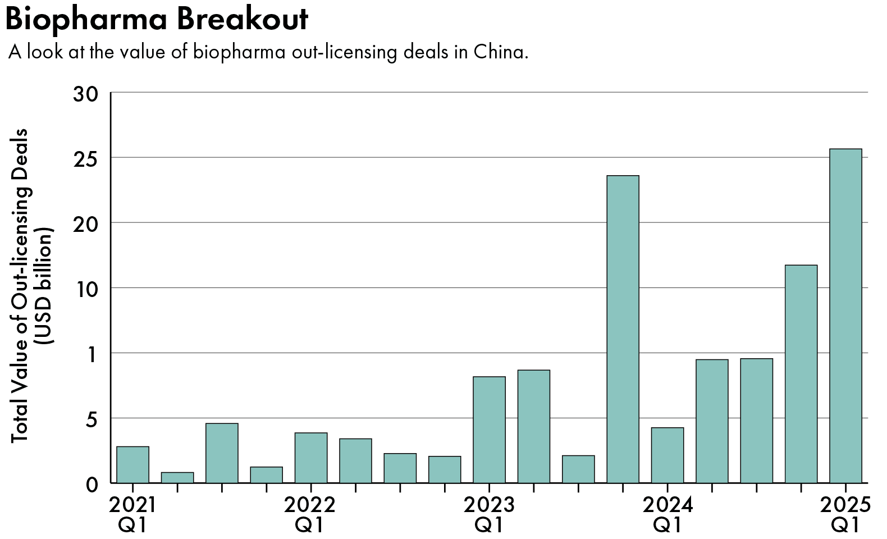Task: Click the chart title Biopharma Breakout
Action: point(157,19)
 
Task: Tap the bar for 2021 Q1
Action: point(132,464)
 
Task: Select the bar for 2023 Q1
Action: point(489,430)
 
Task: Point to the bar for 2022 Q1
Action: point(310,458)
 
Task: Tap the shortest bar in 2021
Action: point(177,477)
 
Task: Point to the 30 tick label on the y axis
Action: point(85,94)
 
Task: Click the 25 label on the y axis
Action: point(85,158)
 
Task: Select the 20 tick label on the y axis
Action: point(85,223)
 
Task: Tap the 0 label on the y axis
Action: point(92,484)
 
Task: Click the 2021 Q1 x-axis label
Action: point(132,515)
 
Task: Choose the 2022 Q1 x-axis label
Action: point(309,515)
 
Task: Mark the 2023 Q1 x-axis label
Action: point(488,515)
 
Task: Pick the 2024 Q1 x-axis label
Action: point(667,515)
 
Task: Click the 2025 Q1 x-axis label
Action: point(845,515)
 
